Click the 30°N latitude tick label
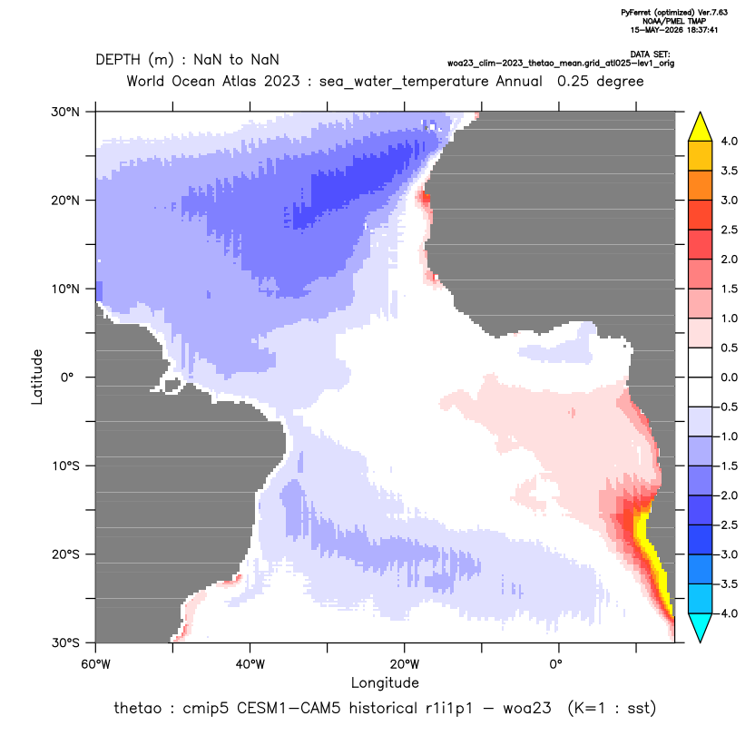(x=65, y=112)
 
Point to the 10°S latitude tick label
(x=65, y=466)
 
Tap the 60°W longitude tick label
(x=96, y=664)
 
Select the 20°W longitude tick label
(x=405, y=664)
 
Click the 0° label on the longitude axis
(x=555, y=664)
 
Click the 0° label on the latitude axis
(x=67, y=377)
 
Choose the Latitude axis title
(x=37, y=377)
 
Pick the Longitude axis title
(x=385, y=682)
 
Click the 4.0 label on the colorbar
(x=729, y=141)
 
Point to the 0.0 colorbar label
(x=729, y=377)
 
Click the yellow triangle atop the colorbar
(x=701, y=127)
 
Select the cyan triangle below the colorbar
(x=701, y=627)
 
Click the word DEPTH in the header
(x=117, y=60)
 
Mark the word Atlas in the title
(x=239, y=81)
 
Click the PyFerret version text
(x=674, y=13)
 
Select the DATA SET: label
(x=650, y=54)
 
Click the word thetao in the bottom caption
(x=137, y=709)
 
